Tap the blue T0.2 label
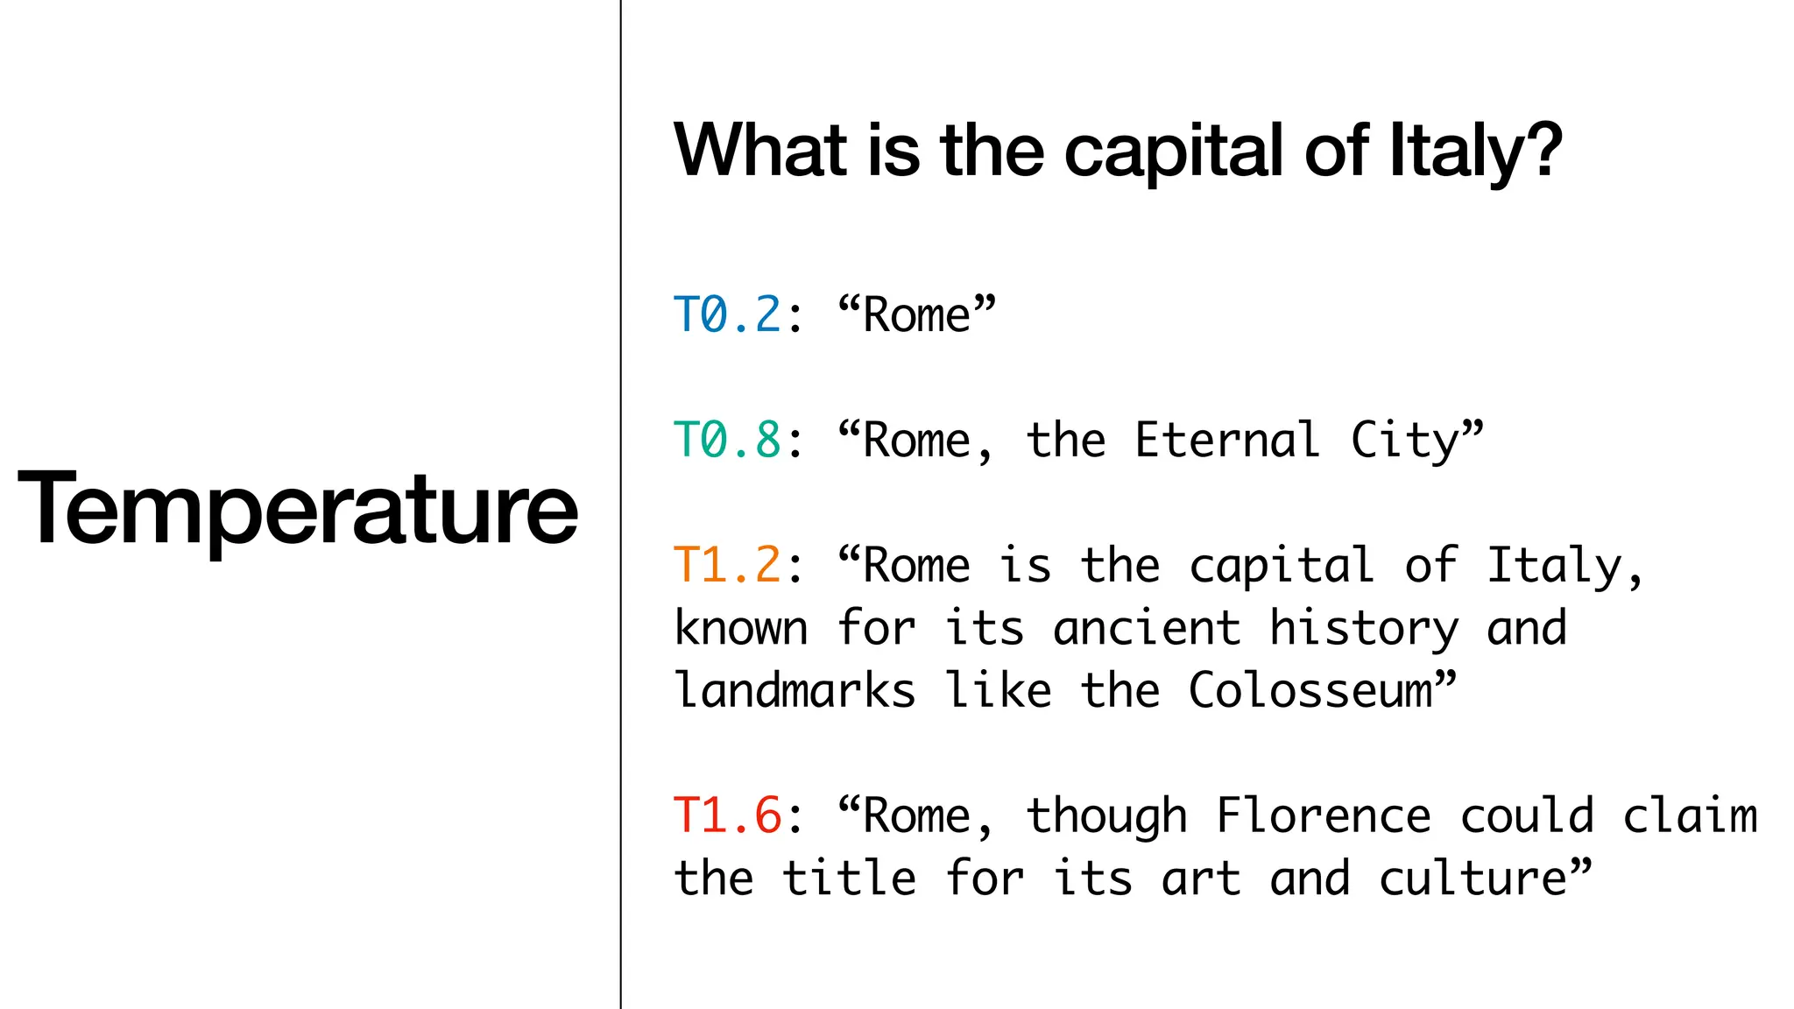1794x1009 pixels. point(727,315)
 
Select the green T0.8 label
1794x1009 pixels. point(727,440)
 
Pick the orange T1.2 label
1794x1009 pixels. point(727,565)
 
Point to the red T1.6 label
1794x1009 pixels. point(727,815)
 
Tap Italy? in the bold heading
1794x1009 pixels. point(1475,151)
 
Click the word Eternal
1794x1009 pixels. point(1226,440)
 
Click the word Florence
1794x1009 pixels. point(1324,815)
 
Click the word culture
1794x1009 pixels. point(1473,878)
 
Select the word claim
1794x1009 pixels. point(1690,815)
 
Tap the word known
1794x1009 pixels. point(741,628)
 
